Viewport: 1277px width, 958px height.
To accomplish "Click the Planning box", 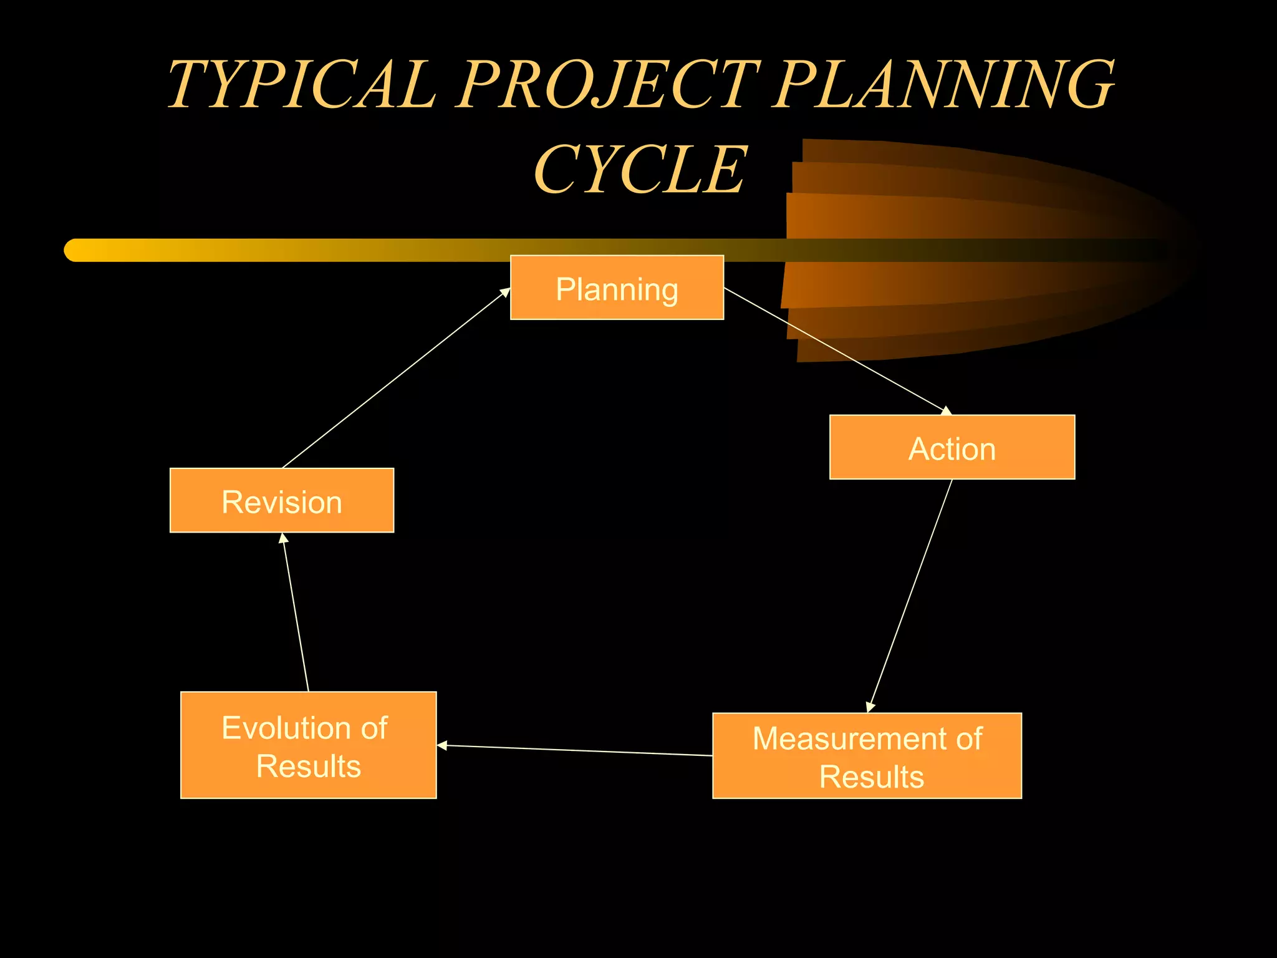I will [x=617, y=288].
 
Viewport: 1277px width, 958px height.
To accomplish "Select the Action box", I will [x=952, y=447].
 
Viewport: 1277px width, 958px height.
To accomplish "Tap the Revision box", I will [x=282, y=500].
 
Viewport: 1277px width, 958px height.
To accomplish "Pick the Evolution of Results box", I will [x=308, y=745].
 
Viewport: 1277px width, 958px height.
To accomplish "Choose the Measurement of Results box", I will [x=867, y=755].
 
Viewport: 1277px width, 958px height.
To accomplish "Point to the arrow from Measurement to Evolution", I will [x=574, y=750].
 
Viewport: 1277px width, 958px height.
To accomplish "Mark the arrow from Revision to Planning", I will [x=396, y=378].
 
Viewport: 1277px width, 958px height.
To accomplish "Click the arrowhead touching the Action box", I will [x=945, y=410].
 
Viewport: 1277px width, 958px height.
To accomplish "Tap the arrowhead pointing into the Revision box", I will [x=283, y=538].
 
